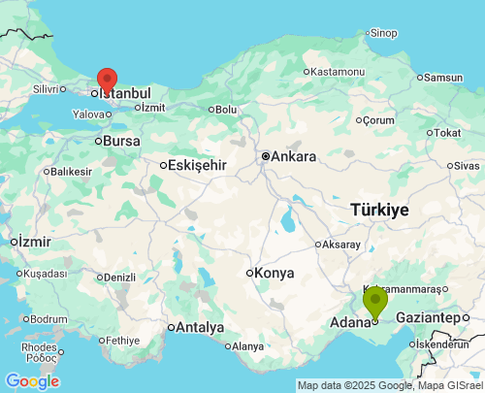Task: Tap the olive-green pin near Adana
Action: [x=374, y=301]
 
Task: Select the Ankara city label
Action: [x=293, y=156]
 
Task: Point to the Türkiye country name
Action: [x=379, y=210]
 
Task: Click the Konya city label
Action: [x=274, y=273]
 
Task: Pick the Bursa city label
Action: [x=121, y=141]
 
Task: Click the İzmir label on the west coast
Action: [x=34, y=241]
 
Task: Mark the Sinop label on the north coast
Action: [x=383, y=33]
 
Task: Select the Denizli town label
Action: [x=119, y=277]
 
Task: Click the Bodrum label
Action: [x=48, y=318]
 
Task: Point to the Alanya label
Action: [x=247, y=346]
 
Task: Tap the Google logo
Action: [x=32, y=381]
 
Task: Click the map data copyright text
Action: [x=389, y=385]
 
